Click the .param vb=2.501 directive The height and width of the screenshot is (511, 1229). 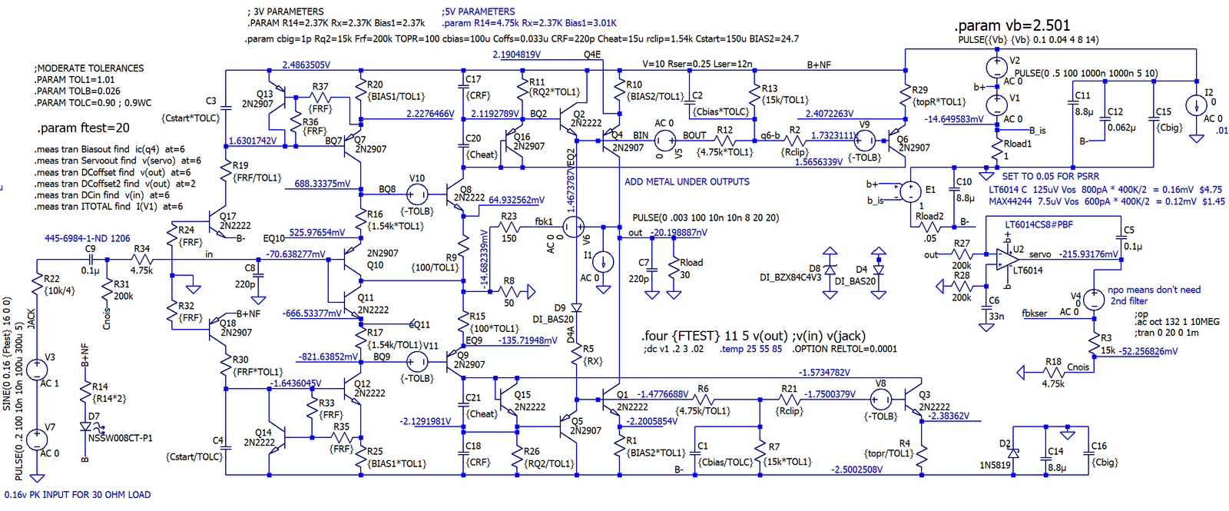[1012, 25]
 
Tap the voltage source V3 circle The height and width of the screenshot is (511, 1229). [37, 370]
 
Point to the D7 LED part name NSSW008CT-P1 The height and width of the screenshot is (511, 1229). [120, 438]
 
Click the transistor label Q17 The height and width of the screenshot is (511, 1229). [228, 216]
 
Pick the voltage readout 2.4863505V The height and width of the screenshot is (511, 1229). [306, 65]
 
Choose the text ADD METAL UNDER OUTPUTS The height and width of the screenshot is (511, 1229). [687, 182]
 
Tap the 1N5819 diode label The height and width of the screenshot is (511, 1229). [995, 465]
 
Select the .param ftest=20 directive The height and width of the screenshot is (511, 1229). [83, 128]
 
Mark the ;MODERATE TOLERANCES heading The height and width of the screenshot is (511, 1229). [89, 68]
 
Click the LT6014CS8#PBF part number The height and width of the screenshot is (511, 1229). [1039, 225]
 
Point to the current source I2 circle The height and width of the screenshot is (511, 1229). [1195, 105]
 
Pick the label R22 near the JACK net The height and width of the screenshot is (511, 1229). [51, 279]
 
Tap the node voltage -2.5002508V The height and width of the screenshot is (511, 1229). [856, 470]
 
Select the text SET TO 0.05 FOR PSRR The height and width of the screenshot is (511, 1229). [1050, 177]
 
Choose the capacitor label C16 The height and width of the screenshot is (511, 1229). [1099, 446]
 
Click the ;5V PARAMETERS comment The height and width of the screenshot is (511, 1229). [478, 12]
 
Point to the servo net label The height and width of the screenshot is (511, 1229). [1040, 254]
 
